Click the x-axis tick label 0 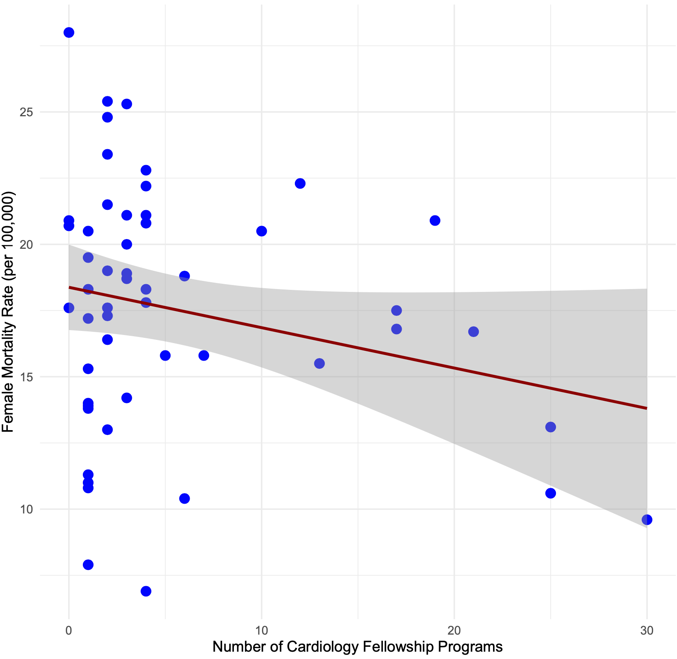[x=69, y=631]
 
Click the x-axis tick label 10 [x=261, y=631]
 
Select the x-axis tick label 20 [x=454, y=631]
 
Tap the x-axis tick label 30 [x=647, y=631]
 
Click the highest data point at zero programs [x=69, y=33]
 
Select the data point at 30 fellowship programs [x=647, y=520]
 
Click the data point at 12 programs [x=300, y=183]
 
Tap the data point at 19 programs [x=435, y=220]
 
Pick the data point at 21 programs [x=474, y=332]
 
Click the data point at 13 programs [x=319, y=363]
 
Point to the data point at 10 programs [x=262, y=231]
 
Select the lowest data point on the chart [x=146, y=591]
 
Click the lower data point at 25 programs [x=551, y=493]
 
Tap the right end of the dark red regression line [x=646, y=408]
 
